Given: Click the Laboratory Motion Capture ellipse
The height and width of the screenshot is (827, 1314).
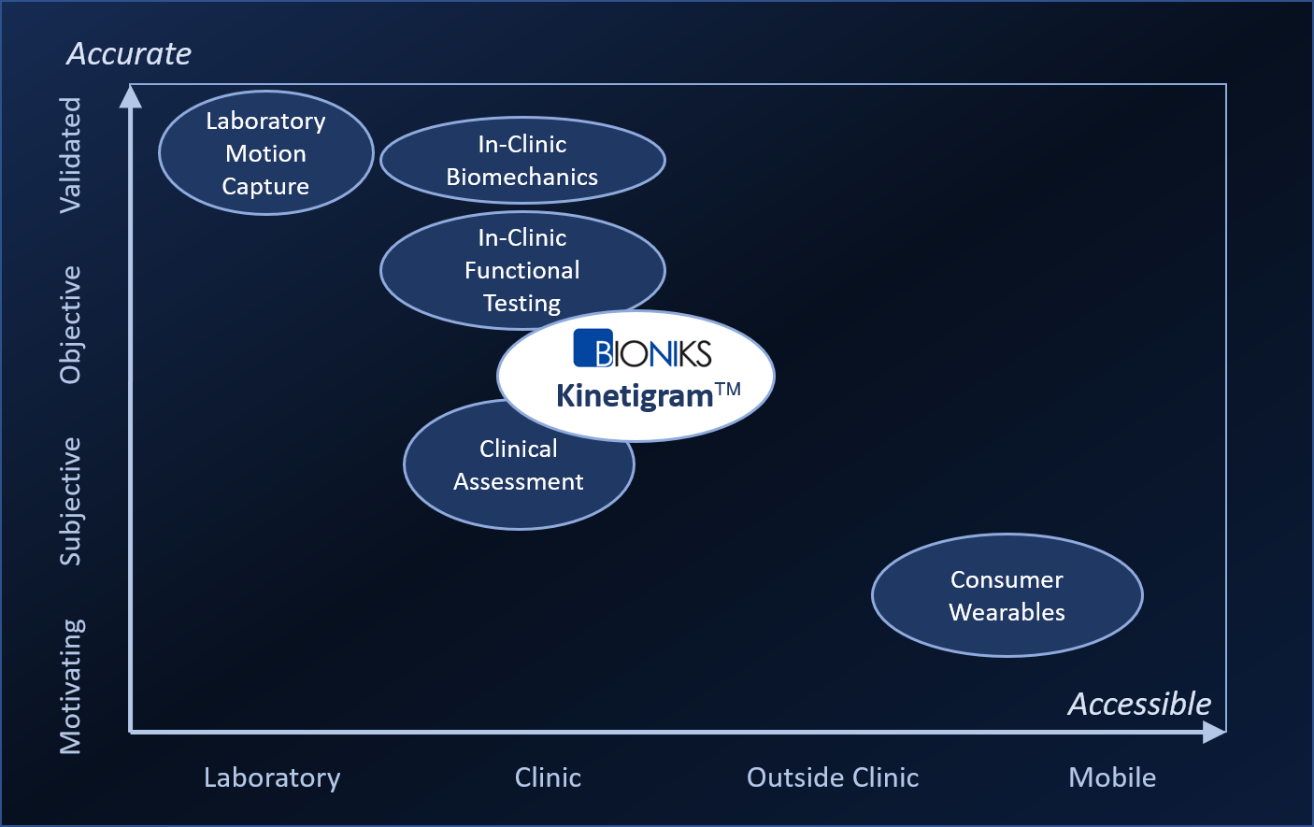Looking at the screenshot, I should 266,153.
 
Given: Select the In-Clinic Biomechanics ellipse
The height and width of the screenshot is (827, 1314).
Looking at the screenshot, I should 522,161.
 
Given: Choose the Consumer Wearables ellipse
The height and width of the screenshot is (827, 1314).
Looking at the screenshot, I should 1007,595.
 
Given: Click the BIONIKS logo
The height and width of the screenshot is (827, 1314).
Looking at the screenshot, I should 642,349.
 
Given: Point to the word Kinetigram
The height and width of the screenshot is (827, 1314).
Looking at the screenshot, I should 635,396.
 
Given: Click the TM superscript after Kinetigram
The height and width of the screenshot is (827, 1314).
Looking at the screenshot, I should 728,389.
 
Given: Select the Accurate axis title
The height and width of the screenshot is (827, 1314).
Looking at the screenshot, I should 129,54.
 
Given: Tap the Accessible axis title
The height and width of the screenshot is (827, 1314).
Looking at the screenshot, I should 1139,704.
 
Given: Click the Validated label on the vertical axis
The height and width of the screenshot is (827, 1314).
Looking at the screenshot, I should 71,155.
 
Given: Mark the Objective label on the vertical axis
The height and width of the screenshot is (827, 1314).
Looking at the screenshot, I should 71,325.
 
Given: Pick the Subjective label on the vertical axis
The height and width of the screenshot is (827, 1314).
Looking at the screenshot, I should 71,502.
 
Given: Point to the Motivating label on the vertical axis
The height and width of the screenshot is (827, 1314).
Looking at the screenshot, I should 71,686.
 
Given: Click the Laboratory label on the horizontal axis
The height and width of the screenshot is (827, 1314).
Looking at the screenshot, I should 272,777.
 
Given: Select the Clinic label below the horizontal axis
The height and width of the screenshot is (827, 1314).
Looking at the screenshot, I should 548,777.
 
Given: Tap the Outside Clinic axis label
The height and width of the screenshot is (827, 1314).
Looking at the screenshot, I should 833,777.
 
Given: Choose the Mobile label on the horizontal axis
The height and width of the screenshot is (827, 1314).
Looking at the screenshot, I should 1112,777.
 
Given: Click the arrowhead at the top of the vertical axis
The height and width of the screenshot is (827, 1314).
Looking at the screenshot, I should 131,95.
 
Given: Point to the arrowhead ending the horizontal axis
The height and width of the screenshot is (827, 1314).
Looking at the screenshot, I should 1214,733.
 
